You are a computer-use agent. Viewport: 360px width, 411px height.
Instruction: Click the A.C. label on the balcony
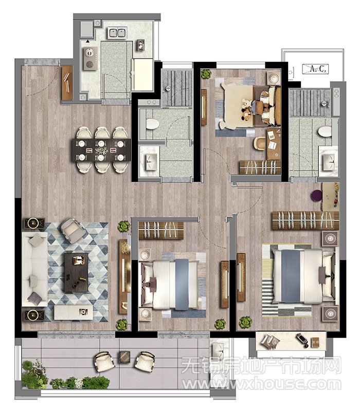tap(315, 69)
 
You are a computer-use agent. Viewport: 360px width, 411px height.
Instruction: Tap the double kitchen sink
tap(117, 33)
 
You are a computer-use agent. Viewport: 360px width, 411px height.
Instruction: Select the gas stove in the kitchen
tap(91, 59)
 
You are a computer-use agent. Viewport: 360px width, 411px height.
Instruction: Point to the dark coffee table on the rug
tap(76, 272)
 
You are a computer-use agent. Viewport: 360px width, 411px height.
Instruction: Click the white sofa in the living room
tap(34, 269)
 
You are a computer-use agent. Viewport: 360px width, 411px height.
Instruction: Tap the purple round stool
tap(316, 196)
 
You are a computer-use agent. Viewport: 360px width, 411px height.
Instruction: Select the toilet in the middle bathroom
tap(152, 124)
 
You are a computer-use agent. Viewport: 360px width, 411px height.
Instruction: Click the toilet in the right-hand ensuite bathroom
tap(326, 132)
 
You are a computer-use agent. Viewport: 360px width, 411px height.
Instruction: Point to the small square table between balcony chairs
tap(124, 357)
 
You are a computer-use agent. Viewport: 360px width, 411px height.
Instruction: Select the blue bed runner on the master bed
tap(291, 276)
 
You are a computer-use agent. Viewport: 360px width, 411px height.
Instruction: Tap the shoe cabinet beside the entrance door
tap(67, 83)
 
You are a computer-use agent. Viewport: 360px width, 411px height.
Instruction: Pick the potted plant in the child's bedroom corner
tap(207, 74)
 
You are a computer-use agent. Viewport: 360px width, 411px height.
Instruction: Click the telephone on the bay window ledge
tap(302, 340)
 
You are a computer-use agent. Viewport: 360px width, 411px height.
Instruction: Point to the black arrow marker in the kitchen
tap(87, 41)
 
